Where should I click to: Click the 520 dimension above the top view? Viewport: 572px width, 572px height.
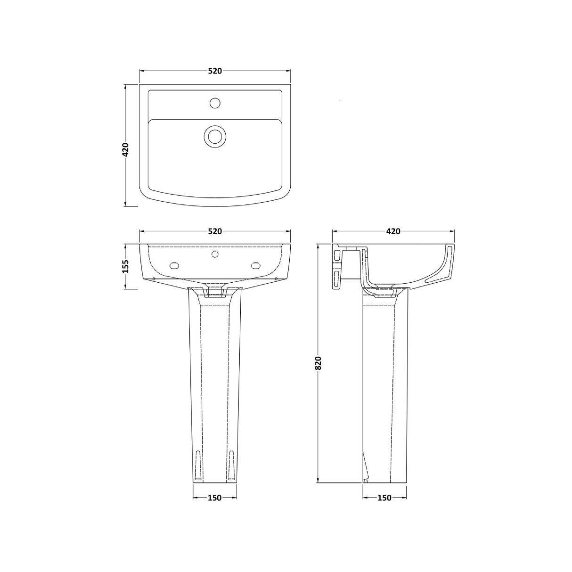click(215, 71)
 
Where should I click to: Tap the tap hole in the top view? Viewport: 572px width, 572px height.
click(215, 102)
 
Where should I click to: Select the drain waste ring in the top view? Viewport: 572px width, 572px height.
click(215, 136)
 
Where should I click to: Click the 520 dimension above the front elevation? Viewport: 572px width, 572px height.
click(215, 231)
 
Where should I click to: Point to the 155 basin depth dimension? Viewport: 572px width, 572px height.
click(125, 267)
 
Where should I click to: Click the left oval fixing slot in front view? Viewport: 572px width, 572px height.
click(173, 265)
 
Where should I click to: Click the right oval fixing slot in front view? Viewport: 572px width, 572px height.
click(257, 265)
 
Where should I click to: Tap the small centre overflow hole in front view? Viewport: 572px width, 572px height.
click(215, 254)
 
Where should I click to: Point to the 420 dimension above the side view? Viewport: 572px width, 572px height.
click(393, 231)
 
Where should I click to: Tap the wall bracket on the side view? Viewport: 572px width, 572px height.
click(337, 266)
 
